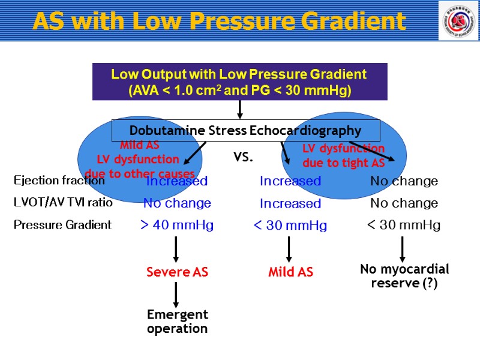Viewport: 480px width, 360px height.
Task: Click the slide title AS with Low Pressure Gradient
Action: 219,22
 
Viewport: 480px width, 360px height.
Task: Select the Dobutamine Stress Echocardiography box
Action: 246,130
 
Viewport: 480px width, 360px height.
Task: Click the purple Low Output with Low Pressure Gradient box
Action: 239,82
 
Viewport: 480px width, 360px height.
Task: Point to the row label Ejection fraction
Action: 59,180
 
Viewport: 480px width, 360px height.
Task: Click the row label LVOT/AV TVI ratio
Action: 63,202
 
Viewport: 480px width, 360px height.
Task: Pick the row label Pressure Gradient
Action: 62,225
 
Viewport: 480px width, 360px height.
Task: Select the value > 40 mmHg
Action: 176,226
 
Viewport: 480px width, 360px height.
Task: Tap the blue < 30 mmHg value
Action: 290,226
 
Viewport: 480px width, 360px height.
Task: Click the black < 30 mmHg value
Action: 403,225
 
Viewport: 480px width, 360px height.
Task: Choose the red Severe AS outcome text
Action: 177,272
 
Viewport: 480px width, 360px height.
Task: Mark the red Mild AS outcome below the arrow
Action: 290,272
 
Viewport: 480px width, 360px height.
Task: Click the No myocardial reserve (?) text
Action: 404,275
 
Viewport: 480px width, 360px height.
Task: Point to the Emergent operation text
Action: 177,322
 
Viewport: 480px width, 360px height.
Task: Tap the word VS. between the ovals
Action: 243,158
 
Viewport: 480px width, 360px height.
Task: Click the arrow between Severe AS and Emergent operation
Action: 176,294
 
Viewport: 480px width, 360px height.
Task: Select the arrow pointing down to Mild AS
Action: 289,249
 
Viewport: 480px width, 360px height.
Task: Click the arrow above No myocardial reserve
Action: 403,249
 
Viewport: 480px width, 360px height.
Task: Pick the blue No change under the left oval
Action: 177,203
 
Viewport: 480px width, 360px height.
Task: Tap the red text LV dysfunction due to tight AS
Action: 343,156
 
